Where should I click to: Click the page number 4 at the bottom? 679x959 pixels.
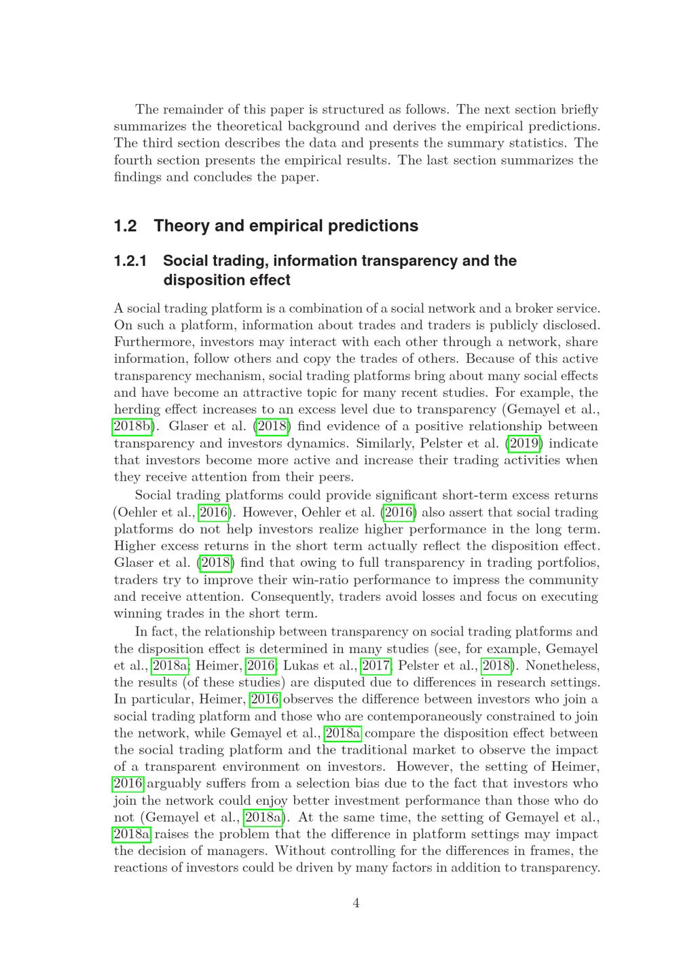click(356, 903)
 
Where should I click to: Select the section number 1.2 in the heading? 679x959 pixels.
click(126, 226)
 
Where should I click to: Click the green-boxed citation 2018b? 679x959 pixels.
click(132, 426)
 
